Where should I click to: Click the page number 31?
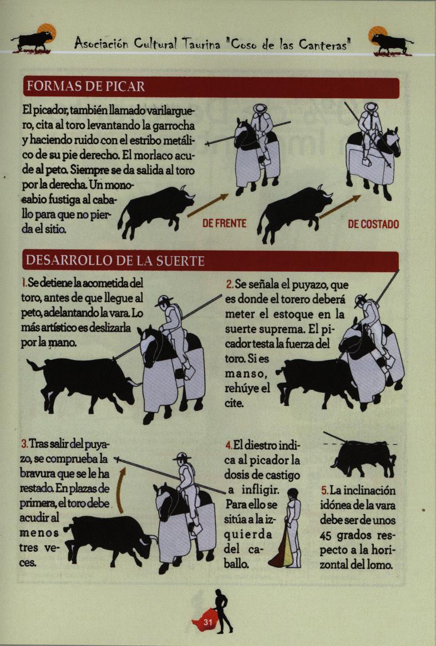click(x=207, y=622)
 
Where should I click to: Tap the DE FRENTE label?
click(x=224, y=223)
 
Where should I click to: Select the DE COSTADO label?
click(x=373, y=224)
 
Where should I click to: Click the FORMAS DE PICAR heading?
click(x=86, y=87)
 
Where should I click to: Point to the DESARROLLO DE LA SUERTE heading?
click(x=115, y=261)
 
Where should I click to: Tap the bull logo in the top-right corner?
click(x=391, y=40)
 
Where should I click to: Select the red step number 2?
click(x=229, y=284)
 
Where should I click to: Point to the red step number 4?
click(x=229, y=445)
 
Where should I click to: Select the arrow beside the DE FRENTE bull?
click(x=207, y=205)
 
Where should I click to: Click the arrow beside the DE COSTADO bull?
click(x=340, y=207)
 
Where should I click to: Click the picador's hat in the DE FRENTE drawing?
click(x=260, y=108)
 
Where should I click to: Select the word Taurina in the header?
click(x=201, y=44)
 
